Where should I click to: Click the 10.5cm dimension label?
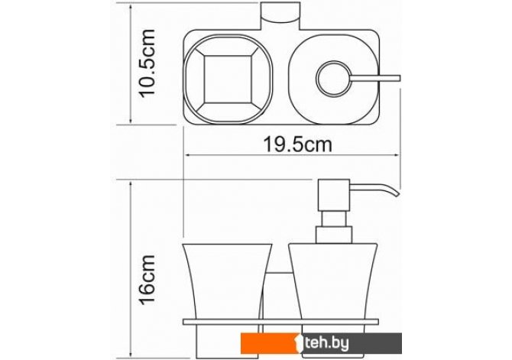point(147,63)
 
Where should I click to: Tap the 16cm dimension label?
point(147,280)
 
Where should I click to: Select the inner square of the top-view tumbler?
point(228,79)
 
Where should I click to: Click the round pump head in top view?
point(334,79)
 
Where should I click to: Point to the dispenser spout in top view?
point(375,79)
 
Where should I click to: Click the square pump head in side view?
point(334,195)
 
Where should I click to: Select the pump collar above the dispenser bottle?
point(334,235)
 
